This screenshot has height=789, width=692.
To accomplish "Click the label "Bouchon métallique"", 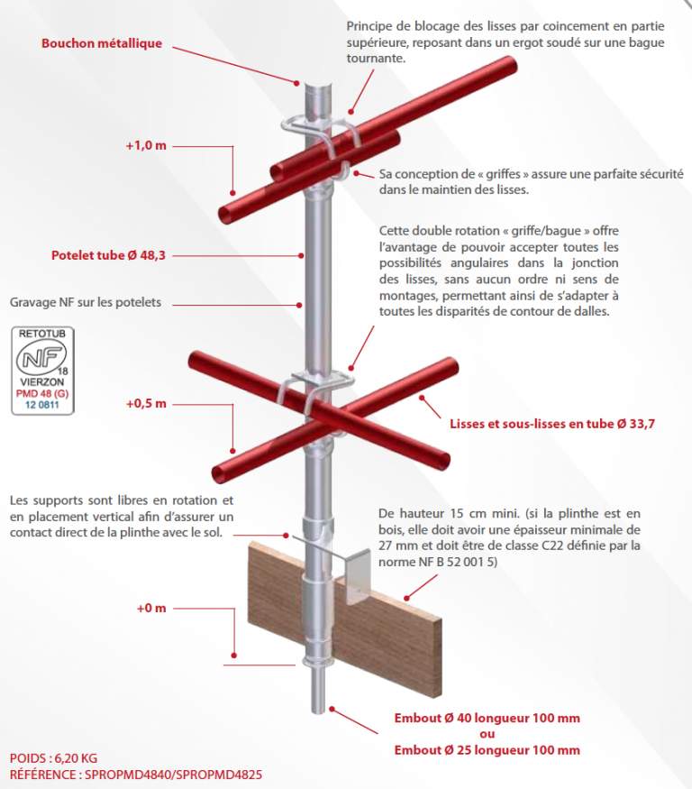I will click(x=102, y=43).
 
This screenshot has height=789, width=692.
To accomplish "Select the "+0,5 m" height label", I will click(x=147, y=404).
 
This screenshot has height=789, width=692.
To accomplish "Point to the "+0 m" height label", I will click(x=151, y=608).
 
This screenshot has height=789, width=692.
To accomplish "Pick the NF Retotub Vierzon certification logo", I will click(x=43, y=371).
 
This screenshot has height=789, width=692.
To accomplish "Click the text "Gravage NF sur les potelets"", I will click(x=86, y=302).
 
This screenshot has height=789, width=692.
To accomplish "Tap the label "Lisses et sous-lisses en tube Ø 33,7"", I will click(x=551, y=422).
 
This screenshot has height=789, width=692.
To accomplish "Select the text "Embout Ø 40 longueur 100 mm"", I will click(x=487, y=718).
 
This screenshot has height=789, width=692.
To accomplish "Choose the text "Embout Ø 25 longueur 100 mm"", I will click(x=487, y=750).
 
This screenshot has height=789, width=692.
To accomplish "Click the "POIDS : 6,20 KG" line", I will click(x=53, y=758).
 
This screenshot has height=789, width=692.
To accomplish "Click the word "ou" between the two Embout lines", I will click(x=487, y=734).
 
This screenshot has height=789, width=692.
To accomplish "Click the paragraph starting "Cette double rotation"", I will click(x=498, y=271).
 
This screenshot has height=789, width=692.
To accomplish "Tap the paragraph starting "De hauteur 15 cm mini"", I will click(x=509, y=537).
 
